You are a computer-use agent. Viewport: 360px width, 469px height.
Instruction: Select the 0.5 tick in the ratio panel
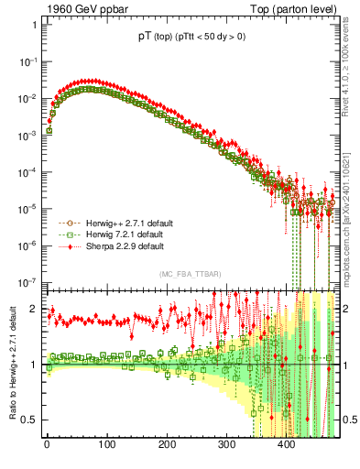(30, 420)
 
